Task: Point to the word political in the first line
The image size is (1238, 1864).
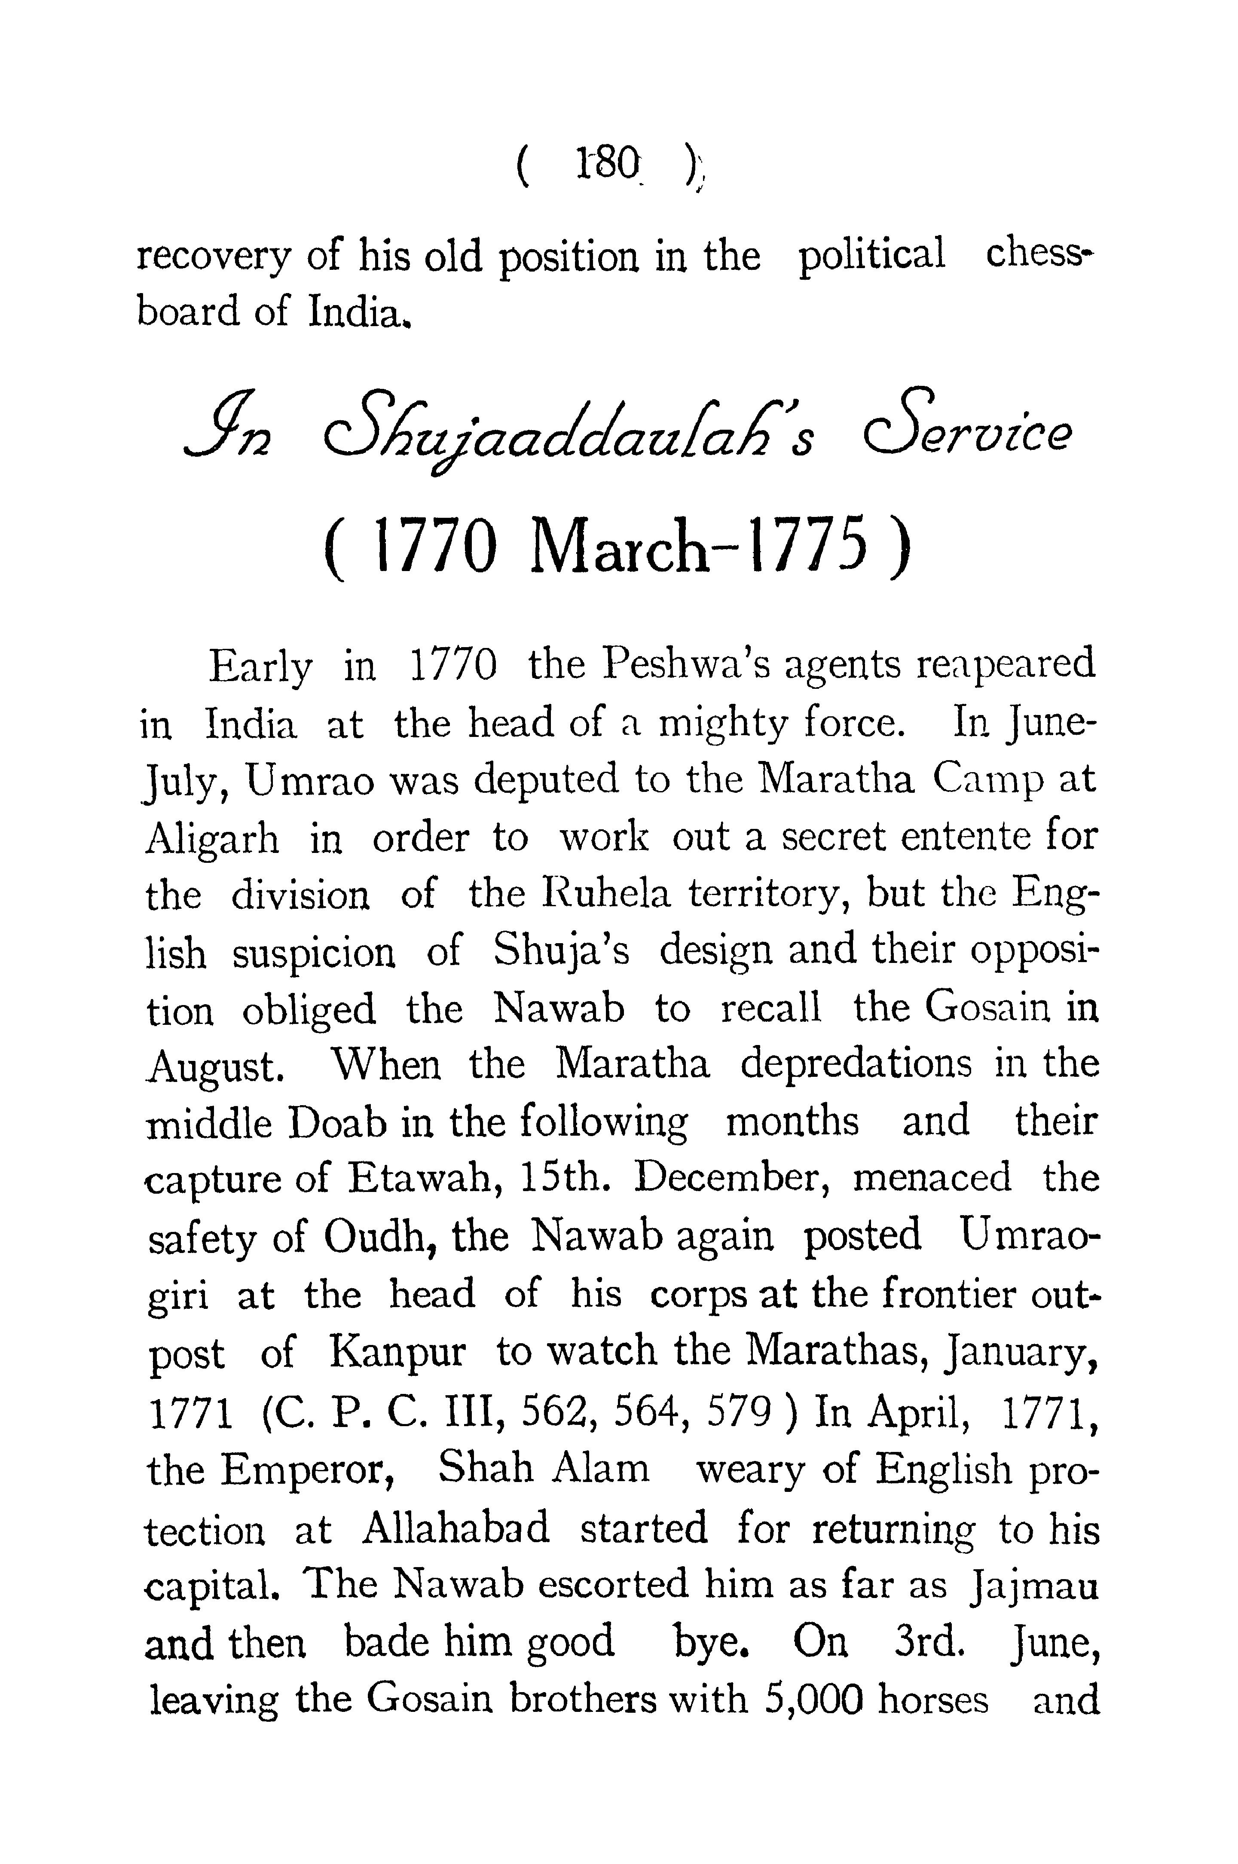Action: [871, 257]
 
